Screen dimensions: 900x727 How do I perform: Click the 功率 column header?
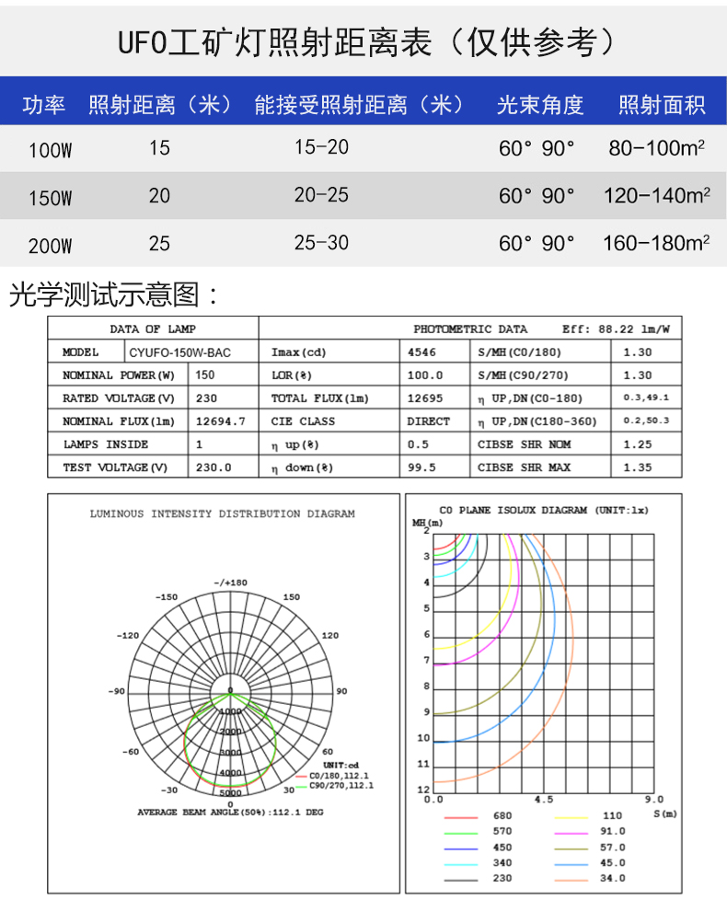point(43,105)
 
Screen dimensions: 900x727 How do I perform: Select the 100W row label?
point(50,150)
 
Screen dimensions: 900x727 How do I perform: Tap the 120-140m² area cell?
point(656,195)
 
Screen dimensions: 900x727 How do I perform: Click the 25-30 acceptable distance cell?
point(321,243)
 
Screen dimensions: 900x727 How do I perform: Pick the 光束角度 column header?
point(540,105)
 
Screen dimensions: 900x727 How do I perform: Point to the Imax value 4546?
point(421,352)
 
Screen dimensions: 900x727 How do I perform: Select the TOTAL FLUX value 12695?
point(424,398)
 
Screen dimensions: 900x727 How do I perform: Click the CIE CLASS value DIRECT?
point(428,421)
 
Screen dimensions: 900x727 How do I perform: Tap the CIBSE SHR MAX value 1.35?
point(637,467)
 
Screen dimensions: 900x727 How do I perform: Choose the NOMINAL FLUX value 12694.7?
point(221,421)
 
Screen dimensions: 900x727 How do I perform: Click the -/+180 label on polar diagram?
point(230,583)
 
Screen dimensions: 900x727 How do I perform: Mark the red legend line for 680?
point(461,816)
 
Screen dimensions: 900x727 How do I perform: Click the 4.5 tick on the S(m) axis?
point(544,800)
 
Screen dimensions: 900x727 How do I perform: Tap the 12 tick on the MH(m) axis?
point(423,790)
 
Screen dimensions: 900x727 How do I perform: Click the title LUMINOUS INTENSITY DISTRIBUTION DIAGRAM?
point(222,513)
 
